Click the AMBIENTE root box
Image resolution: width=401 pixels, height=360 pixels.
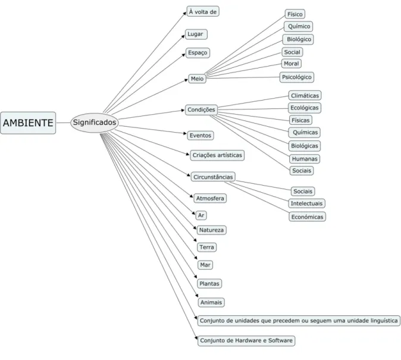tap(28, 123)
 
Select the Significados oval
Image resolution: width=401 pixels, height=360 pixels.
tap(95, 123)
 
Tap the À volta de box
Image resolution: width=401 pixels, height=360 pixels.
tap(203, 11)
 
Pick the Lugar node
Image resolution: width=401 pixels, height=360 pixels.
tap(196, 34)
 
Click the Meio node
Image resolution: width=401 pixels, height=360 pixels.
tap(197, 79)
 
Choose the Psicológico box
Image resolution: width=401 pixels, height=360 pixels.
tap(297, 77)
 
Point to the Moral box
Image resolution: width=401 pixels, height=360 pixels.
tap(292, 64)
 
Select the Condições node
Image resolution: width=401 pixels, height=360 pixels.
tap(201, 109)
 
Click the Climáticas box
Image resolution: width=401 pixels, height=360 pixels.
tap(305, 96)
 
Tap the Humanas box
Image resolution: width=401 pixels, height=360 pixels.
tap(305, 159)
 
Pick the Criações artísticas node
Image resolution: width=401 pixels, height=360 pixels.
tap(217, 155)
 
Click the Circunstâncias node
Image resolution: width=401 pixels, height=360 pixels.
tap(213, 177)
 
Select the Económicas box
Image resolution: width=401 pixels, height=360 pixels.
tap(307, 217)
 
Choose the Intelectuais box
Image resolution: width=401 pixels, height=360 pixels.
tap(306, 204)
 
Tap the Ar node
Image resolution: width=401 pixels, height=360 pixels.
tap(201, 215)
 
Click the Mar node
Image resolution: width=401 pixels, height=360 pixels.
tap(205, 265)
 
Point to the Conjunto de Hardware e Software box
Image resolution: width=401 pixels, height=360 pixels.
tap(246, 340)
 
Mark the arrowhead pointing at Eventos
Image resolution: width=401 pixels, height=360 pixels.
tap(186, 133)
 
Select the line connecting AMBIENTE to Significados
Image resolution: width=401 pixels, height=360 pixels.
tap(63, 123)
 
